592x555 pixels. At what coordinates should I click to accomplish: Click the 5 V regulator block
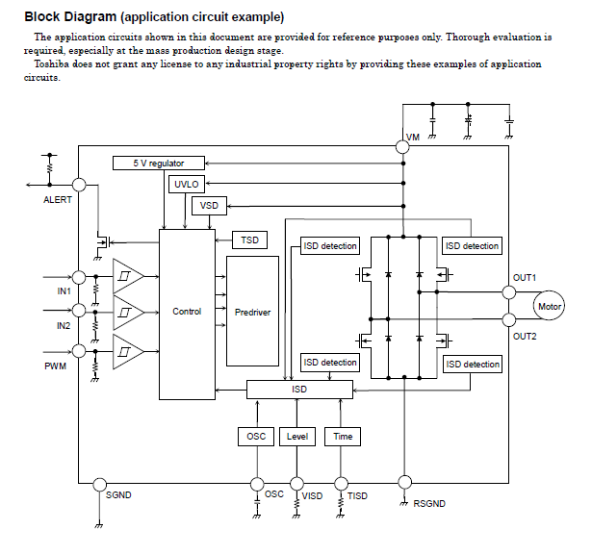pyautogui.click(x=160, y=164)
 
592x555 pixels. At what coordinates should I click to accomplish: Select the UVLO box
pyautogui.click(x=186, y=184)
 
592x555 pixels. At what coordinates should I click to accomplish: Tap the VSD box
pyautogui.click(x=209, y=206)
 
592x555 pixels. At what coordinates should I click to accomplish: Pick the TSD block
pyautogui.click(x=249, y=240)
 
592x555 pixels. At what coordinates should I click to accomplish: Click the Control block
pyautogui.click(x=187, y=312)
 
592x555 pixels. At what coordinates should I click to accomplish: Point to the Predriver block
pyautogui.click(x=252, y=312)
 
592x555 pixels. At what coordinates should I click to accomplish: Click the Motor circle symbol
pyautogui.click(x=549, y=307)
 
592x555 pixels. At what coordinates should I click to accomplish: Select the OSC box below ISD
pyautogui.click(x=257, y=437)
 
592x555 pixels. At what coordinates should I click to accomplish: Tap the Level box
pyautogui.click(x=298, y=437)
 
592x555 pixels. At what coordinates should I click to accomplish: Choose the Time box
pyautogui.click(x=343, y=437)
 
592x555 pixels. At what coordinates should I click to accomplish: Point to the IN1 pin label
pyautogui.click(x=64, y=290)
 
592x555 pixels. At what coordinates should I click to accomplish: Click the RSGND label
pyautogui.click(x=429, y=504)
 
